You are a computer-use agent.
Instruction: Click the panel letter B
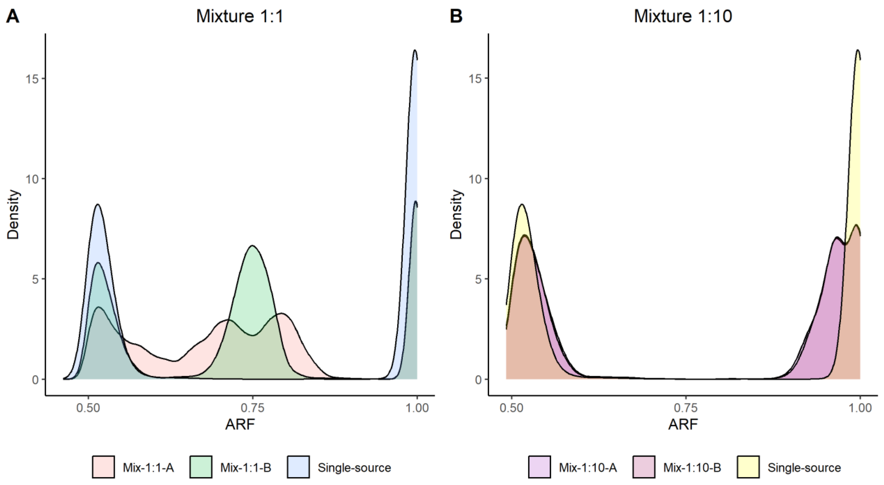(x=456, y=16)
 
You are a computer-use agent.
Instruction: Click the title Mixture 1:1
(x=240, y=16)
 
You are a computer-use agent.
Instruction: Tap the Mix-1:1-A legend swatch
(x=103, y=467)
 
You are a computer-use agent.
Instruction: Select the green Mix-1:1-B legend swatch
(x=201, y=467)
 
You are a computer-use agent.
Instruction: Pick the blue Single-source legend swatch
(x=298, y=467)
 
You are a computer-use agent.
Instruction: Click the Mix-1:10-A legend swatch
(x=539, y=467)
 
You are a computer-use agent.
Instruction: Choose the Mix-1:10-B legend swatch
(x=644, y=467)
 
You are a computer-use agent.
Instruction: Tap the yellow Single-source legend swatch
(x=748, y=467)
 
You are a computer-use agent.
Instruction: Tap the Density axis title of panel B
(x=456, y=214)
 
